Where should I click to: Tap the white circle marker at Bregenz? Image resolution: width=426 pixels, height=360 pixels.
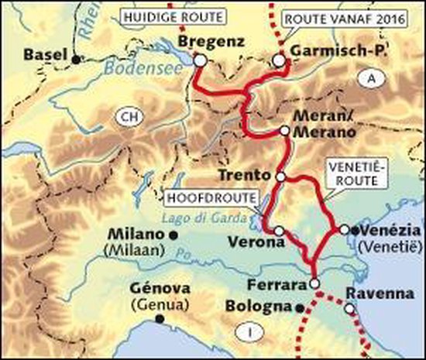(x=199, y=60)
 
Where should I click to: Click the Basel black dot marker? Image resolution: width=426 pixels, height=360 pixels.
(x=75, y=58)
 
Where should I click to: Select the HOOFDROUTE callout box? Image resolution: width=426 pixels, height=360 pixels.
(x=211, y=197)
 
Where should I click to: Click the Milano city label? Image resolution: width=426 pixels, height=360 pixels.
(x=139, y=234)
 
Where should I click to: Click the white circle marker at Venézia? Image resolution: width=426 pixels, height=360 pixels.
(x=343, y=230)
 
